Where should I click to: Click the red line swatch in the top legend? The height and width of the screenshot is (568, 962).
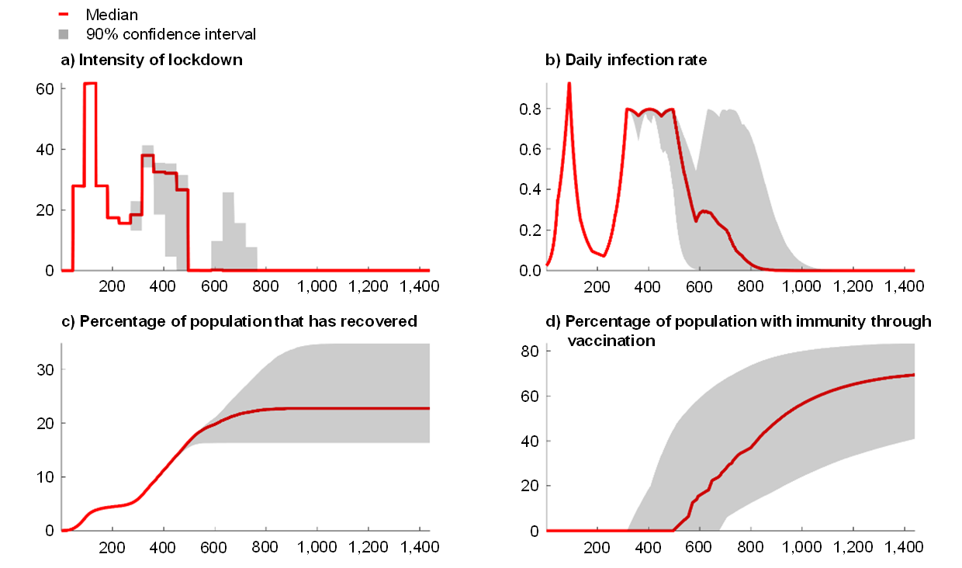[x=63, y=14]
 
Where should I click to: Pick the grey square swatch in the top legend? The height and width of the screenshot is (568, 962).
[x=63, y=33]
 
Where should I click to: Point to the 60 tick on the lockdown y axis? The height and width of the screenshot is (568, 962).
[x=44, y=88]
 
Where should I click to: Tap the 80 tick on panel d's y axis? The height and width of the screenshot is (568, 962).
[x=530, y=351]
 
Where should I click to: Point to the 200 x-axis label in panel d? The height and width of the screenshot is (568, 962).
[x=597, y=546]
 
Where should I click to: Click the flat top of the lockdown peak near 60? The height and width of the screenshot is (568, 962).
[x=91, y=83]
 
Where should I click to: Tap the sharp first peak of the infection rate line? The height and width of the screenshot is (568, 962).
[x=569, y=83]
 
